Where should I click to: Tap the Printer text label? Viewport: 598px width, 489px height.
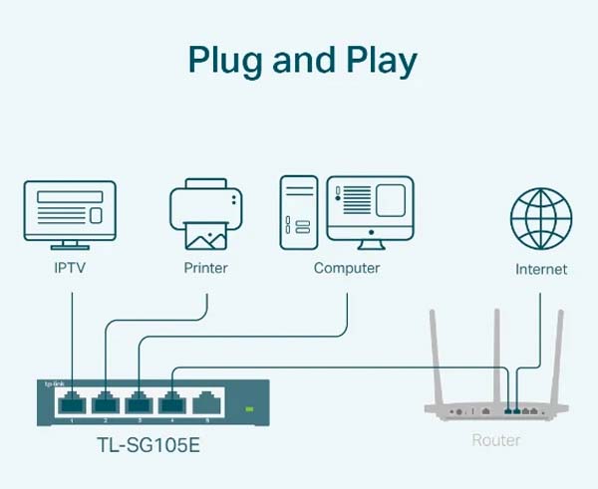point(205,268)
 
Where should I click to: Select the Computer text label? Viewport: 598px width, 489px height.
point(346,268)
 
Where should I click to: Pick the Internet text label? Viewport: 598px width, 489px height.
point(541,269)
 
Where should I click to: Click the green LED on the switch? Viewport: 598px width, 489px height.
point(250,408)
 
